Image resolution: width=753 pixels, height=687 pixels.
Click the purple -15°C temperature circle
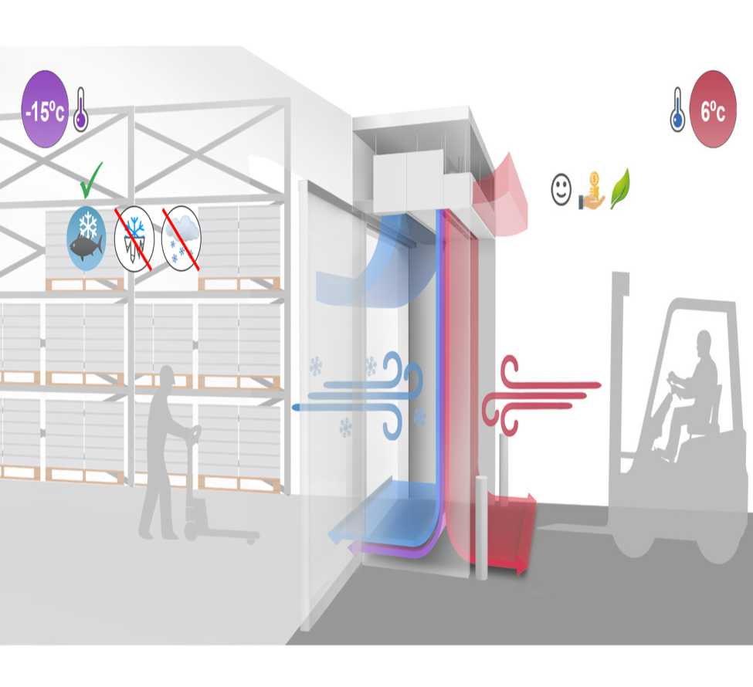(45, 110)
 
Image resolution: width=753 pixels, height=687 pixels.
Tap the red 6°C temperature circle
(713, 110)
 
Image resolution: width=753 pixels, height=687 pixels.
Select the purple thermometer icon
(80, 110)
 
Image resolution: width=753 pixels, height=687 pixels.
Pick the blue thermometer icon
(677, 110)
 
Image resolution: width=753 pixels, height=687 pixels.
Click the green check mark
(91, 180)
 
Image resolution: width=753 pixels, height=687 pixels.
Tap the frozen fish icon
(86, 238)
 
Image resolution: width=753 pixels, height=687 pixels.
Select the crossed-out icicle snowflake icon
(134, 239)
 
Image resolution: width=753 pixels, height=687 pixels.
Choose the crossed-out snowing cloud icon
(181, 238)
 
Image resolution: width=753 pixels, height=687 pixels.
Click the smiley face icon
(561, 190)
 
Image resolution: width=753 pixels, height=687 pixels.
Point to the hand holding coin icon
(592, 191)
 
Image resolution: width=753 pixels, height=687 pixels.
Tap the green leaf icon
(620, 188)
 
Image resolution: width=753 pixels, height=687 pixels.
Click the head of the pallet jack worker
(167, 376)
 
